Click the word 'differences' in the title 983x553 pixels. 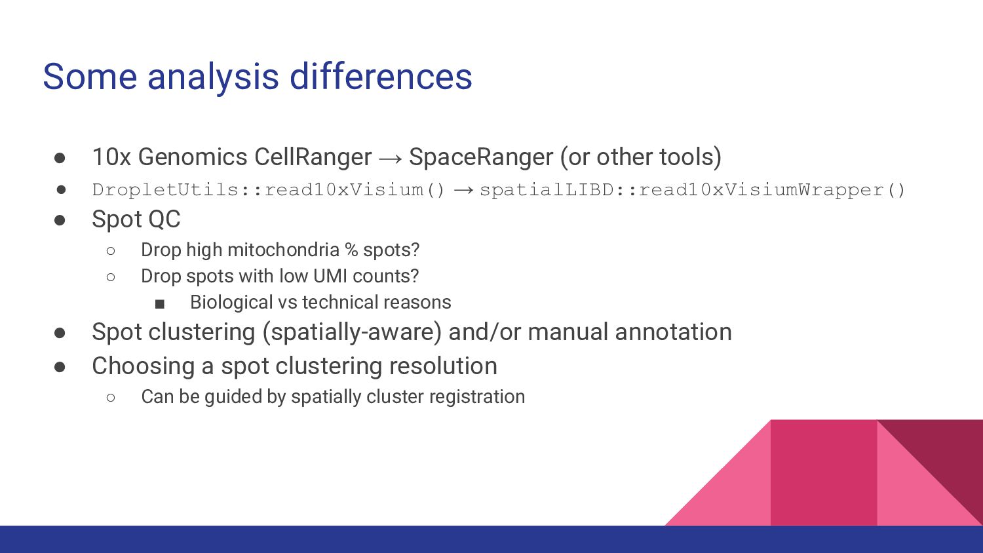pyautogui.click(x=381, y=77)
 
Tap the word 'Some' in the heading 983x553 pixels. pyautogui.click(x=90, y=77)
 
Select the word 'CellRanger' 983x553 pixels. pyautogui.click(x=313, y=157)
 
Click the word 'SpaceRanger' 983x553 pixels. pyautogui.click(x=481, y=157)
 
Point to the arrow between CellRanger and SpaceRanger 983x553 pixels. pyautogui.click(x=390, y=159)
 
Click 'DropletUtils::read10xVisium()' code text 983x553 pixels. pyautogui.click(x=269, y=190)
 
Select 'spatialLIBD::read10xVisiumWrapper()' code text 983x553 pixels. pyautogui.click(x=692, y=190)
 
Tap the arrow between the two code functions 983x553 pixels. pyautogui.click(x=463, y=190)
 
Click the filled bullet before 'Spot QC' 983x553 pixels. pyautogui.click(x=60, y=219)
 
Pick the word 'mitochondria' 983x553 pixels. pyautogui.click(x=284, y=250)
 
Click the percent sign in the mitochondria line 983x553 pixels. pyautogui.click(x=351, y=250)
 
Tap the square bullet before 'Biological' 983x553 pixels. pyautogui.click(x=160, y=304)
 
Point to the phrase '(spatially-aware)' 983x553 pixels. pyautogui.click(x=352, y=332)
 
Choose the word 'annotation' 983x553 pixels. pyautogui.click(x=674, y=332)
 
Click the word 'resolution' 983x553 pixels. pyautogui.click(x=443, y=366)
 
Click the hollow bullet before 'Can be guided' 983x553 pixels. pyautogui.click(x=111, y=398)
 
